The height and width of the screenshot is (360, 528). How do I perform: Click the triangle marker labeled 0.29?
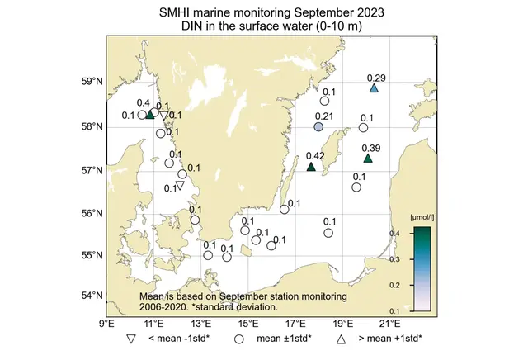374,88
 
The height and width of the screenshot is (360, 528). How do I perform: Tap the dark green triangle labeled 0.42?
311,167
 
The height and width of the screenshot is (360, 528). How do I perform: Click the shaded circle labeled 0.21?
318,127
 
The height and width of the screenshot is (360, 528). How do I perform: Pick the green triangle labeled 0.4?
150,114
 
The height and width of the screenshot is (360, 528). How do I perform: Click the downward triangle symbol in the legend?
131,339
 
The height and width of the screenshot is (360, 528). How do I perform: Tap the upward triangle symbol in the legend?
340,339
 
